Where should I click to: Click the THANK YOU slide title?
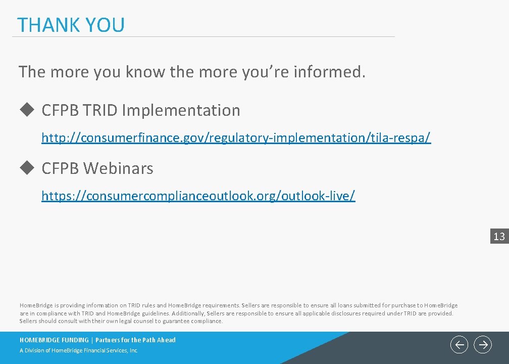[x=71, y=25]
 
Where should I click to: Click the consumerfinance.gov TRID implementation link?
[x=236, y=138]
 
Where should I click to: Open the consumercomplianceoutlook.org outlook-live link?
[x=198, y=196]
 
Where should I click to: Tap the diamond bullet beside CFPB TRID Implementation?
[x=26, y=110]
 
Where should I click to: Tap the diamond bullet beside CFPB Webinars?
[x=26, y=168]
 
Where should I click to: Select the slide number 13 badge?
[x=499, y=236]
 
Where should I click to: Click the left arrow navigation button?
[x=459, y=345]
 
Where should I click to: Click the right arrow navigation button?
[x=483, y=345]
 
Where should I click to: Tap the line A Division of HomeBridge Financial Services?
[x=78, y=351]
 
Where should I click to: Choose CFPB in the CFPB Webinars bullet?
[x=60, y=168]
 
